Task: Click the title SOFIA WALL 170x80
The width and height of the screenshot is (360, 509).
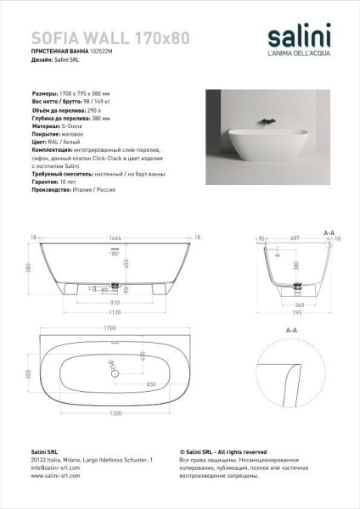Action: (x=110, y=38)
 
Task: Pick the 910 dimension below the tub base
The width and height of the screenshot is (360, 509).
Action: (x=112, y=300)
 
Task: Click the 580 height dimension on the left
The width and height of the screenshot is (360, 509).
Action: (x=28, y=267)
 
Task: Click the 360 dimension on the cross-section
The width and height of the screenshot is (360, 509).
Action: (x=299, y=305)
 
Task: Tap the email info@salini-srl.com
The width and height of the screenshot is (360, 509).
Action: (x=52, y=467)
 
